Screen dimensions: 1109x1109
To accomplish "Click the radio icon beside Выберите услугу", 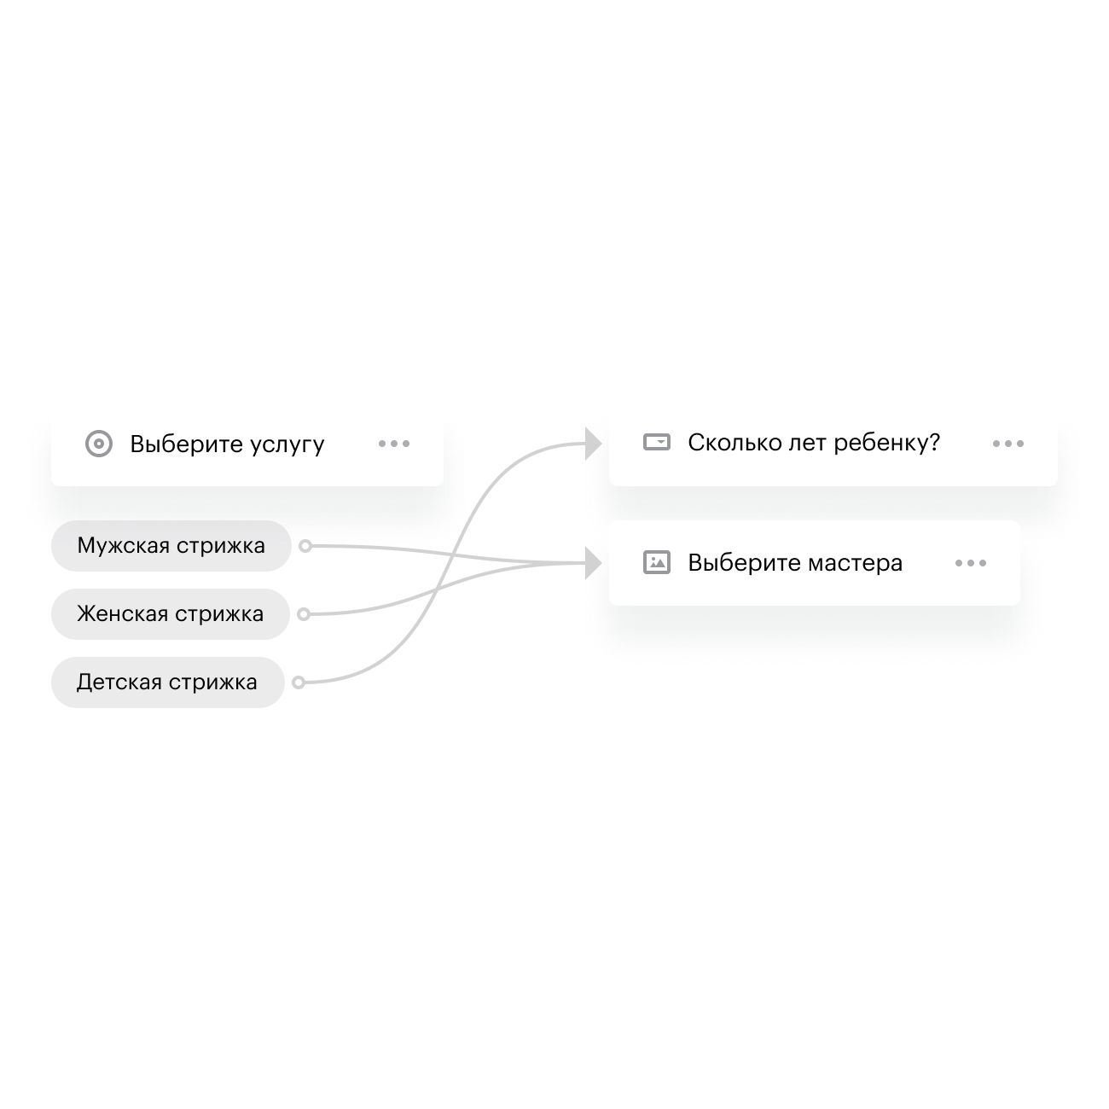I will pos(99,444).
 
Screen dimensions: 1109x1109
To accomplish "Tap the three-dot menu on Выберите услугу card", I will pos(394,444).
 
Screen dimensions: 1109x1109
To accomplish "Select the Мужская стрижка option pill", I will pos(171,546).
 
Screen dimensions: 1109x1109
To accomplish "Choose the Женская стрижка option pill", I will pos(171,614).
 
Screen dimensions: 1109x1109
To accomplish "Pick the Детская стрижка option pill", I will pos(167,682).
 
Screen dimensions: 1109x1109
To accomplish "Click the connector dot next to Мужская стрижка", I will pos(305,546).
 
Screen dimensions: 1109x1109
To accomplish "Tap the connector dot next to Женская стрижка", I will pos(303,614).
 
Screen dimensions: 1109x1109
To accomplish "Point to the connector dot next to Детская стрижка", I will pos(298,682).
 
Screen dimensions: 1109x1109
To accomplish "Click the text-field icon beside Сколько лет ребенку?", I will pos(656,443).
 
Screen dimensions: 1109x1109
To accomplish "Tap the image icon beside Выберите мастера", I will pos(656,563).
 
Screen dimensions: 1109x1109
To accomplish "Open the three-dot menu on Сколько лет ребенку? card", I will pos(1008,444).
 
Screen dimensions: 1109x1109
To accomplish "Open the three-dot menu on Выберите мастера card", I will pos(971,563).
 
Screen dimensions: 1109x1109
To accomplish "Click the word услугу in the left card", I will pos(287,445).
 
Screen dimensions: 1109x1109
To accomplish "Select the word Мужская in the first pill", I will pos(123,546).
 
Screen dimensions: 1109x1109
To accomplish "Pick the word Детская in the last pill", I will pos(119,682).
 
